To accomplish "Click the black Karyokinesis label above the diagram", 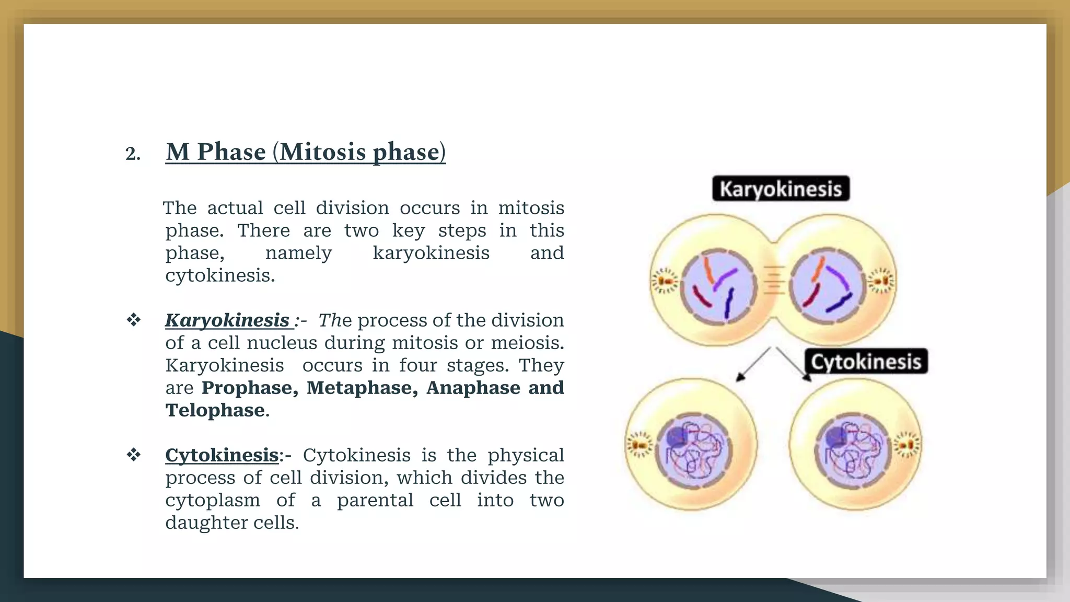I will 781,189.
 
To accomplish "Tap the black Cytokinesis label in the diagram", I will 866,362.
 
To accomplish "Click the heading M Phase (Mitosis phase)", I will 306,152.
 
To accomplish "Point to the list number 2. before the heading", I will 133,154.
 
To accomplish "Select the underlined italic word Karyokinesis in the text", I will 227,320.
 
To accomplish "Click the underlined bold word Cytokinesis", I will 222,455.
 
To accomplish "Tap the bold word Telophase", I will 215,410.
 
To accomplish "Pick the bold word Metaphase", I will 362,388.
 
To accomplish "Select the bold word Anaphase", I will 473,388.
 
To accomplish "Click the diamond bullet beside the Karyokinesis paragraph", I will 134,320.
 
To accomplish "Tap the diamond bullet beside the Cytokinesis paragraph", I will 134,455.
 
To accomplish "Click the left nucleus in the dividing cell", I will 718,286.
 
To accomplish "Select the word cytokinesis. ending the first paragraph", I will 220,275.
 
